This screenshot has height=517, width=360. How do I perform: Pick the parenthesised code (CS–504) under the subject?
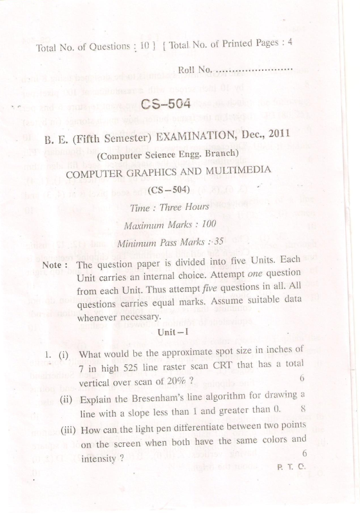click(171, 190)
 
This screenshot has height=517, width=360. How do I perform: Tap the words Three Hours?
click(187, 207)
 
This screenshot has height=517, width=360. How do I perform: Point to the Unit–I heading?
click(176, 330)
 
